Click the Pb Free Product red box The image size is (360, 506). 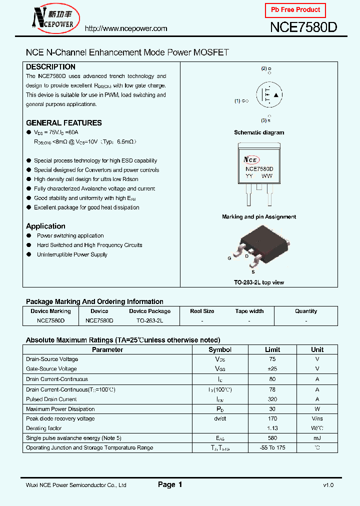point(295,10)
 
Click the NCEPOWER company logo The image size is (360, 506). point(52,19)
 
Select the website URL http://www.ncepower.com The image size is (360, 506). point(125,28)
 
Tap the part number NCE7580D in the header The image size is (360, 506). point(303,27)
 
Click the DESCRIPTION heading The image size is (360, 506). point(50,66)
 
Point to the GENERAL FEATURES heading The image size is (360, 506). point(63,122)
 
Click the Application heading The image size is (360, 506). point(45,226)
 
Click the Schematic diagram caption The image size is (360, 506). point(259,132)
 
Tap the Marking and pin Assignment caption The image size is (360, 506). point(259,217)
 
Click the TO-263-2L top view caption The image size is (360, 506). point(259,282)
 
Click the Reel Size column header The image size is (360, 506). point(202,311)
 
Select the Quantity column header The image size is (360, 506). point(306,311)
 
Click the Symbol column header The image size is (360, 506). point(220,349)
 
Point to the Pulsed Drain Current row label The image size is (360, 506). point(51,399)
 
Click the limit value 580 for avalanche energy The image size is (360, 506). point(272,438)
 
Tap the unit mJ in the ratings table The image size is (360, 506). point(317,438)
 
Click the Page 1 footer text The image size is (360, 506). point(170,484)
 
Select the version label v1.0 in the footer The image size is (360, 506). point(328,485)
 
